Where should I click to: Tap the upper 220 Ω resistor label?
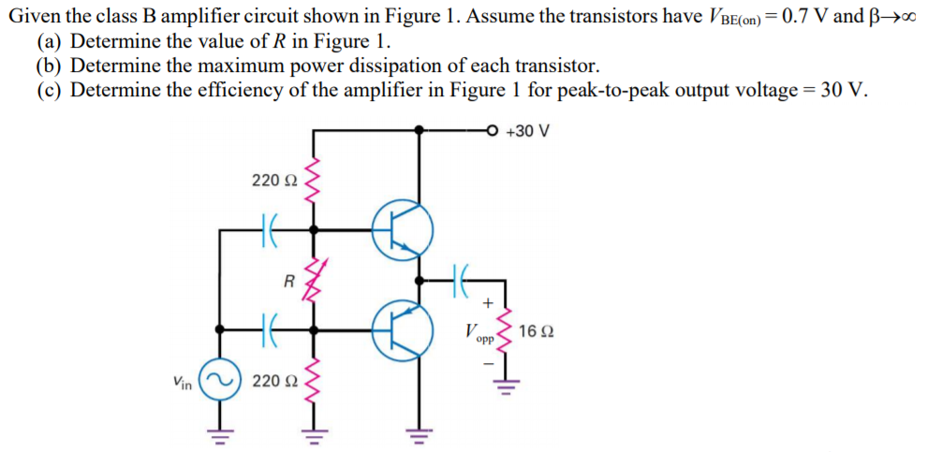tap(273, 180)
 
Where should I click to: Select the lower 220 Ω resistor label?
tap(273, 381)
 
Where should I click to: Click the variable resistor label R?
tap(288, 280)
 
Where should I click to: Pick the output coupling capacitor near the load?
tap(459, 278)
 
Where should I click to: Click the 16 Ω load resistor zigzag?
tap(506, 330)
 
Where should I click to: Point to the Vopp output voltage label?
tap(478, 332)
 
